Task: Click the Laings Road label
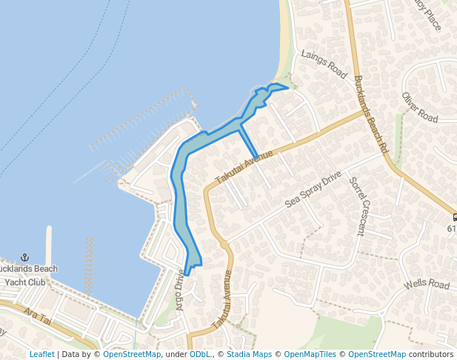(324, 64)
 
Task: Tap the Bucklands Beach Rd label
(371, 114)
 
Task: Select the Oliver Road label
(420, 107)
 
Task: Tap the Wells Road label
(427, 285)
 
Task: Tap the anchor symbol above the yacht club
(24, 256)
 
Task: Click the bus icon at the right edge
(453, 217)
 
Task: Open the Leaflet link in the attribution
(41, 354)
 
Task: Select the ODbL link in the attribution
(199, 354)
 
